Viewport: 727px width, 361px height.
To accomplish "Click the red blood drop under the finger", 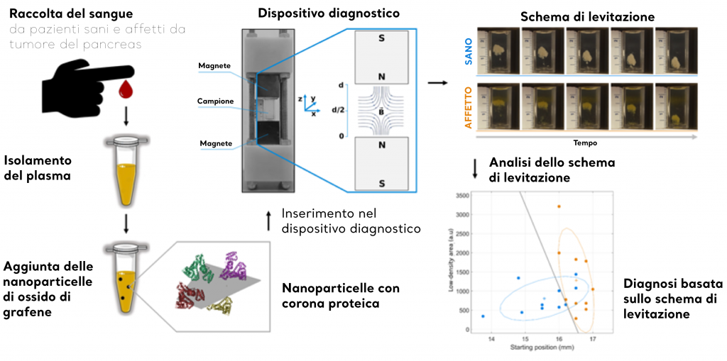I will [x=126, y=88].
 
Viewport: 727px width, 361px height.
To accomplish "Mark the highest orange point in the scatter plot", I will [x=559, y=206].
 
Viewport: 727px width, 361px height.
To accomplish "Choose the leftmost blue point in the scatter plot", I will [x=483, y=316].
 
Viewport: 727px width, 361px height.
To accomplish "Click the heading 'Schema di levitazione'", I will [x=586, y=16].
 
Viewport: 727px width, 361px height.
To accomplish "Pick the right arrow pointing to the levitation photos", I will [x=439, y=84].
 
